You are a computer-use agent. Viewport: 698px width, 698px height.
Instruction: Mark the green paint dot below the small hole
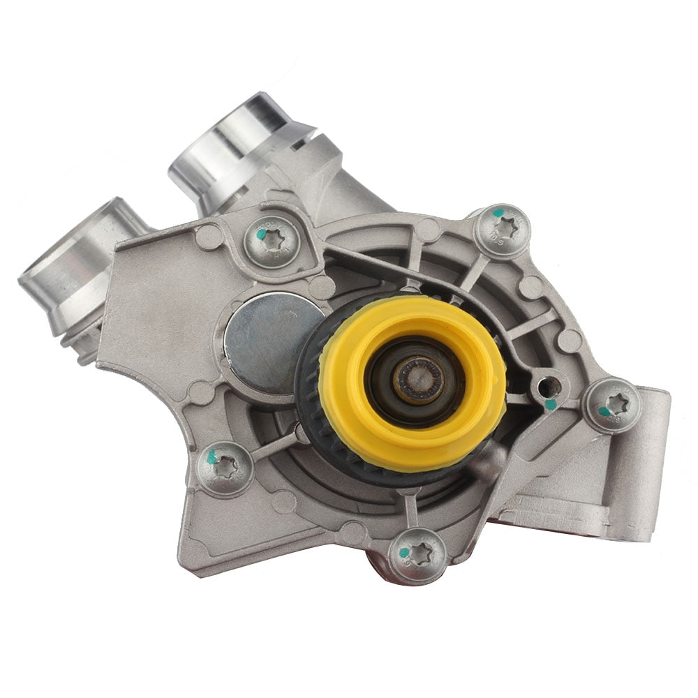coord(550,404)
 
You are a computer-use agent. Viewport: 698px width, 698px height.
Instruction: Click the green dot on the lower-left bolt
coord(211,459)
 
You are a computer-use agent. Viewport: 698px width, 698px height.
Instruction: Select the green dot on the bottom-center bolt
coord(404,552)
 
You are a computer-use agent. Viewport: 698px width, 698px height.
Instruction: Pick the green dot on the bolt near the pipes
coord(260,235)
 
